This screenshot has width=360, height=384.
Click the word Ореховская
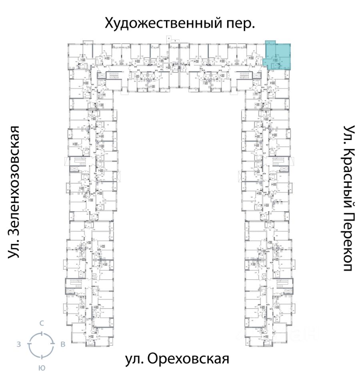(188, 358)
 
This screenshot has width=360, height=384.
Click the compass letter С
(41, 323)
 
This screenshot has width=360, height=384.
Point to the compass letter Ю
(41, 367)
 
